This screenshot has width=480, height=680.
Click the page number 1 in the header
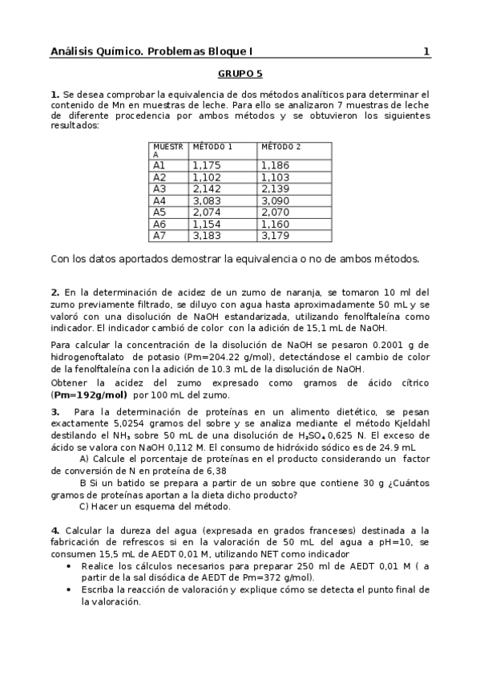426,52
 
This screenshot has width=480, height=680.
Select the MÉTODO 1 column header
212,148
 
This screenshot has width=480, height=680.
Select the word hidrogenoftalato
86,358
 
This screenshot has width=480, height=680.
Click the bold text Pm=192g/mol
91,395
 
